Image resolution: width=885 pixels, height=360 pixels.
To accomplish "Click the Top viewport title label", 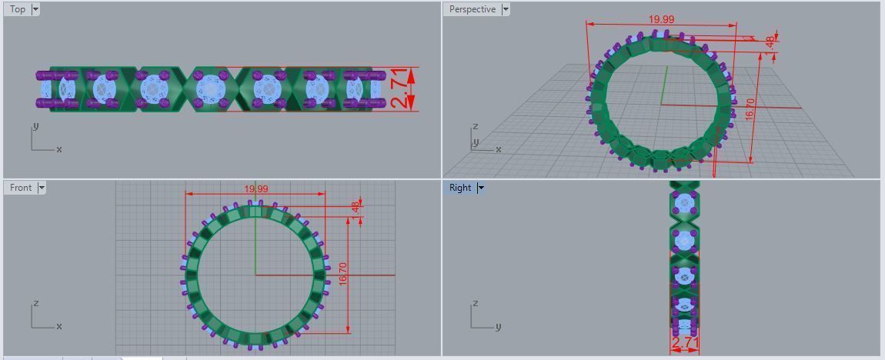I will (17, 9).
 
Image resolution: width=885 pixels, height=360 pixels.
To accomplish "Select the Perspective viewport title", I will (472, 9).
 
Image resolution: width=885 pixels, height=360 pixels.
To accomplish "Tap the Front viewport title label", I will (21, 188).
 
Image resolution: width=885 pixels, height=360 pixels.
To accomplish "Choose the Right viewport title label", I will (460, 188).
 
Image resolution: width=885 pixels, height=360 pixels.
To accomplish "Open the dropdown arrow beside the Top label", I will (35, 9).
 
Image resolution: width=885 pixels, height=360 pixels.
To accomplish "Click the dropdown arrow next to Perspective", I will (506, 9).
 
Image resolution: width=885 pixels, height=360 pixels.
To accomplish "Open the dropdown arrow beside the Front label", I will (42, 188).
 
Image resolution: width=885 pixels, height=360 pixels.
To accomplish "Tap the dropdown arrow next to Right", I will (480, 188).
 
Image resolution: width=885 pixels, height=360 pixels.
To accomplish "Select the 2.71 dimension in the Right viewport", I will (685, 342).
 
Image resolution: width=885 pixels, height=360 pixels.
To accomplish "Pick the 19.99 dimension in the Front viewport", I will (256, 189).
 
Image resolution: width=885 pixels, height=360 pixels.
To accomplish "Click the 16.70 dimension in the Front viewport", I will (343, 275).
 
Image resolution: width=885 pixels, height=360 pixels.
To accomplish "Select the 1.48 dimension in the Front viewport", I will (355, 208).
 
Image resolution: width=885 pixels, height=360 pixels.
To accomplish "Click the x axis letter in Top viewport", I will (59, 149).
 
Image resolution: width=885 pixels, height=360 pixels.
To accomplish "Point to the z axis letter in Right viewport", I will (475, 303).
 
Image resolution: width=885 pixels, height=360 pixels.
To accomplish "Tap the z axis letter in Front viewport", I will (36, 303).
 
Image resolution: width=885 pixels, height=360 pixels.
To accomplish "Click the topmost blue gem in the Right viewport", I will (685, 204).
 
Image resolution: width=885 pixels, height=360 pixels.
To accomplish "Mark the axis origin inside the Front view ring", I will (255, 275).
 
